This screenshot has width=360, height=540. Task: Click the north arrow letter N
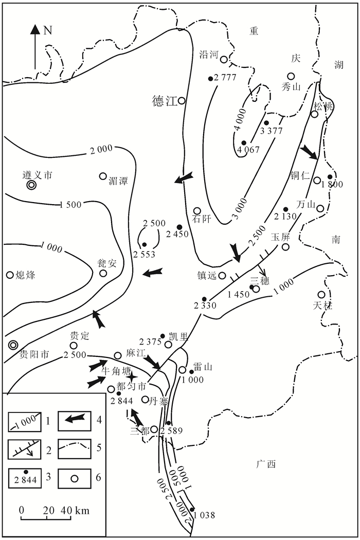(48, 30)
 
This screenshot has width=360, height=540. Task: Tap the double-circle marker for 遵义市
(31, 185)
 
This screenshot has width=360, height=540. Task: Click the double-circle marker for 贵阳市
(13, 345)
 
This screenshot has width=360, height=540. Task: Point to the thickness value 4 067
(248, 150)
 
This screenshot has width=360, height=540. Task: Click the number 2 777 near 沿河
(224, 78)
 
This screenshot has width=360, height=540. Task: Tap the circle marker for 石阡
(196, 211)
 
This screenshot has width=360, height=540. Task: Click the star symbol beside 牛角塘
(133, 377)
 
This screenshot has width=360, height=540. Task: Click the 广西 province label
(266, 464)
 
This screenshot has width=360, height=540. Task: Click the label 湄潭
(118, 181)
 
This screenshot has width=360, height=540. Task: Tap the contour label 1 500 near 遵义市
(70, 205)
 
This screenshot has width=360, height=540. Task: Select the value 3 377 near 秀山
(272, 131)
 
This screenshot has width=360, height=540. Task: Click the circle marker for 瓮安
(104, 273)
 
